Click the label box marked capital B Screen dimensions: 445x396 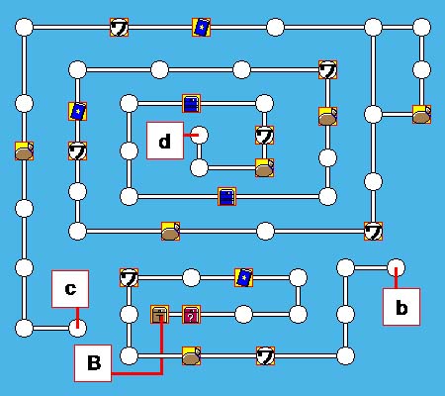[93, 363]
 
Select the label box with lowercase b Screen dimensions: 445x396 [401, 307]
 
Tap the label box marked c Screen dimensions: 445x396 [70, 289]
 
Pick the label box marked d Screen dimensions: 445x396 [165, 141]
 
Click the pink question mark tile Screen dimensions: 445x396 [191, 315]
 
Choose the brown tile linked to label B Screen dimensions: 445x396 [160, 315]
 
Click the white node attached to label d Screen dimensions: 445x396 [200, 135]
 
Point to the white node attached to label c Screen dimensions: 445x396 [78, 328]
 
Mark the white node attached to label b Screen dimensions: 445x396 [396, 267]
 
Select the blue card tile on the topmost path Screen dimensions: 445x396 [202, 28]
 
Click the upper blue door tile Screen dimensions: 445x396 [191, 104]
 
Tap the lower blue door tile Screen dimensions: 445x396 [226, 197]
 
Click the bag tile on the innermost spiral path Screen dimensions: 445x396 [264, 168]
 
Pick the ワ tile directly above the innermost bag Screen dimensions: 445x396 [264, 135]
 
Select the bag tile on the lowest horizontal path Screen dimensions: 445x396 [191, 356]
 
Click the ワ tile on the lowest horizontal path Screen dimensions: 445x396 [265, 356]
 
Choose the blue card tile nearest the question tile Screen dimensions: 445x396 [243, 277]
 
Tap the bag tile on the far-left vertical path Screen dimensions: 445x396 [24, 151]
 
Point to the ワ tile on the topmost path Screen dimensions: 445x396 [119, 28]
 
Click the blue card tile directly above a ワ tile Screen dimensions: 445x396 [77, 111]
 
